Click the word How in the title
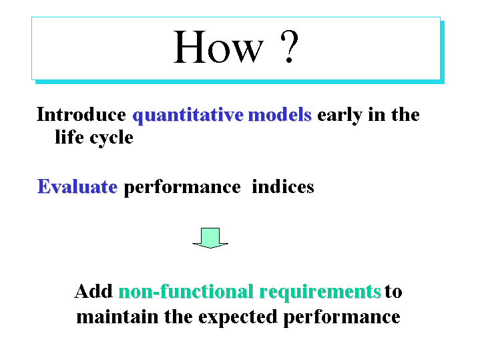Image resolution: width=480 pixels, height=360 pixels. pyautogui.click(x=218, y=47)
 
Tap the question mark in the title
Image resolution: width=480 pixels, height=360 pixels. pyautogui.click(x=289, y=47)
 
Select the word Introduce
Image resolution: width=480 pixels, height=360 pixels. pyautogui.click(x=81, y=114)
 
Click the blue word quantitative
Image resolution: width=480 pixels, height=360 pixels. pyautogui.click(x=188, y=116)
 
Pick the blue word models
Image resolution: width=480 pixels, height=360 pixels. pyautogui.click(x=280, y=114)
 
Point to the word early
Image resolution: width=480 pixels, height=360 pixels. pyautogui.click(x=340, y=116)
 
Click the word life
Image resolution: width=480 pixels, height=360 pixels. pyautogui.click(x=69, y=137)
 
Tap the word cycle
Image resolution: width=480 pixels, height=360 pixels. pyautogui.click(x=111, y=138)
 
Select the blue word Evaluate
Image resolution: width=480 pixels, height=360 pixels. pyautogui.click(x=77, y=186)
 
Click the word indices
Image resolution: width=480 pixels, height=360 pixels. pyautogui.click(x=283, y=186)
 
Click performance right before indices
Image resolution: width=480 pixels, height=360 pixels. pyautogui.click(x=182, y=188)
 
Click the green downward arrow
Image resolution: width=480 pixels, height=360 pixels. pyautogui.click(x=210, y=238)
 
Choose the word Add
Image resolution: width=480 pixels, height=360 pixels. pyautogui.click(x=93, y=291)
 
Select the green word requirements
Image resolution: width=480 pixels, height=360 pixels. pyautogui.click(x=320, y=292)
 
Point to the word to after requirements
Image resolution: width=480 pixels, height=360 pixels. pyautogui.click(x=393, y=291)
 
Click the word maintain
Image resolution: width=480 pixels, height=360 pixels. pyautogui.click(x=117, y=317)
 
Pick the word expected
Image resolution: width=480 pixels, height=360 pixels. pyautogui.click(x=238, y=318)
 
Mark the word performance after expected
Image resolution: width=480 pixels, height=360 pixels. pyautogui.click(x=342, y=318)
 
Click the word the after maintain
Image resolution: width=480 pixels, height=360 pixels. pyautogui.click(x=178, y=317)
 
